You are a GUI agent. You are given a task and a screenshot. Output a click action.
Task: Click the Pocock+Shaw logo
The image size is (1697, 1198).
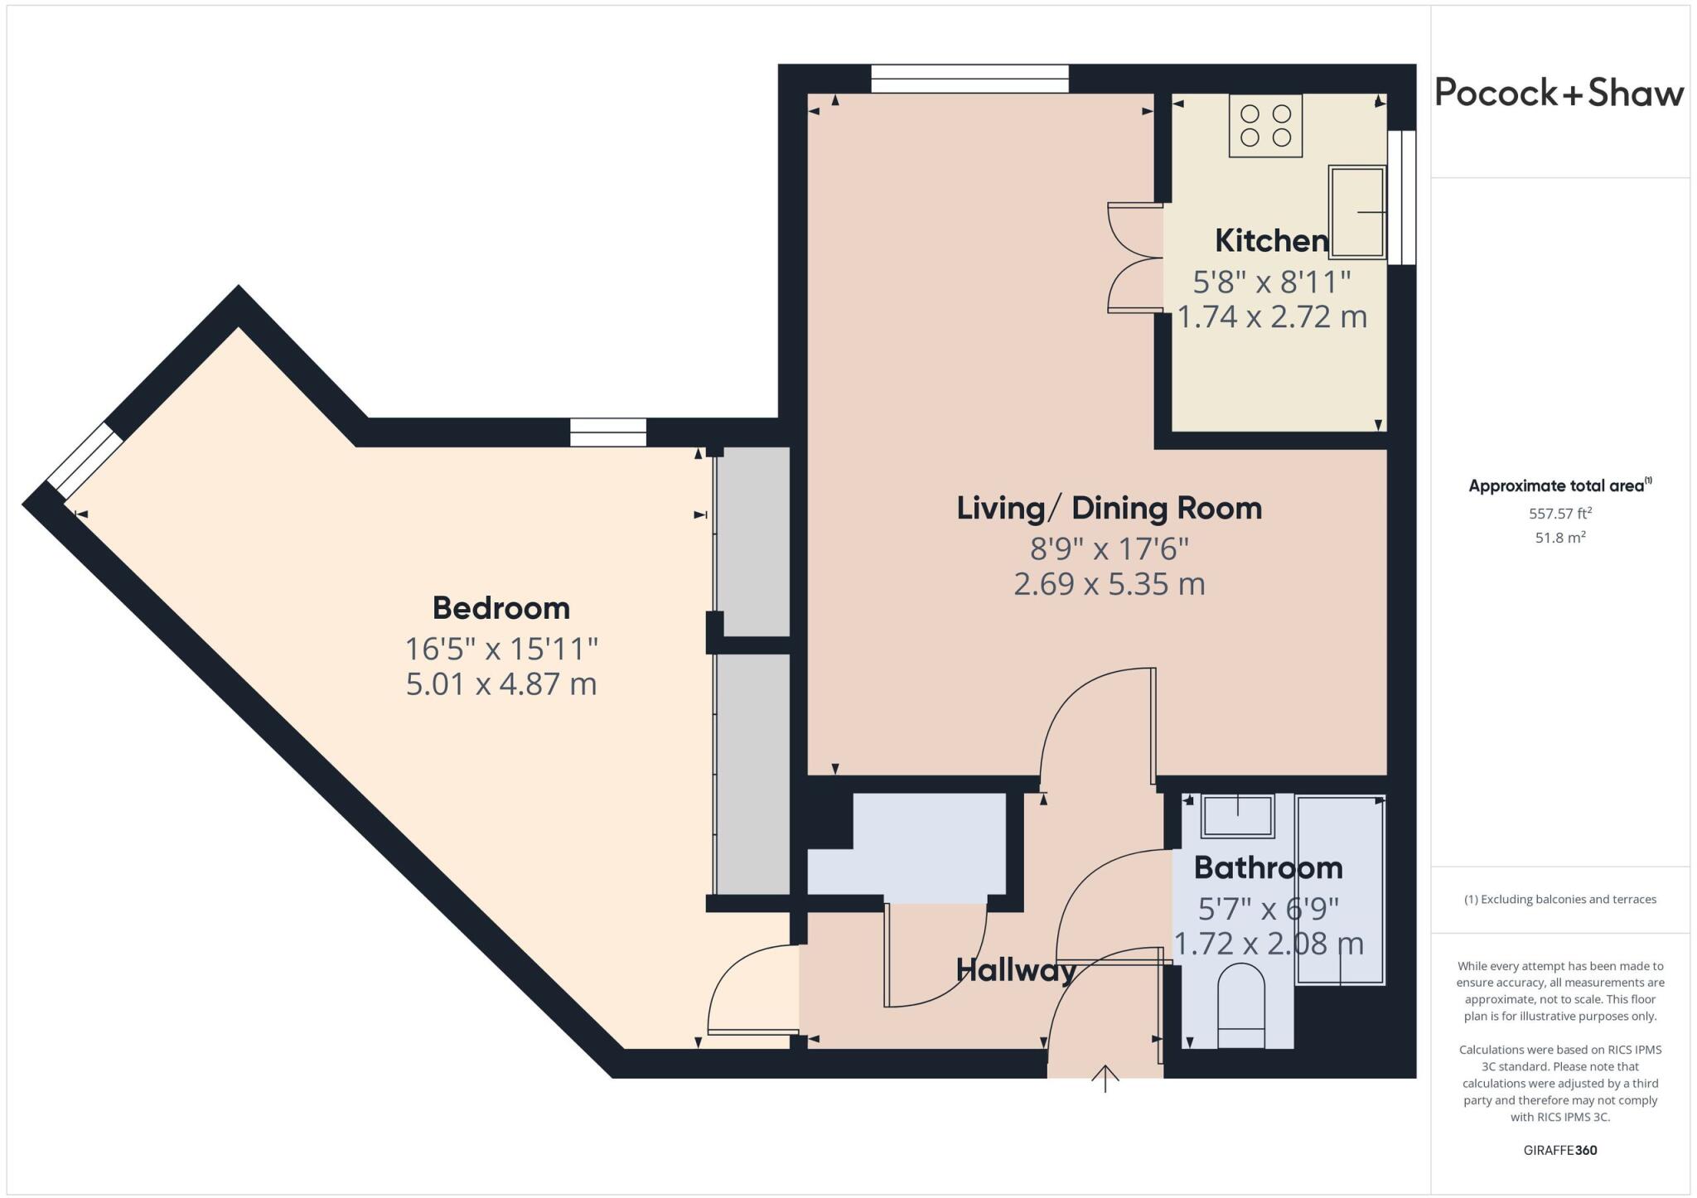[x=1559, y=93]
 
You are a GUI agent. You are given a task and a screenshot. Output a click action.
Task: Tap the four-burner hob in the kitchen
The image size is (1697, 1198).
[x=1265, y=125]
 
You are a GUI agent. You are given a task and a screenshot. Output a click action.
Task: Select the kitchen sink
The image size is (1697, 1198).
[x=1357, y=212]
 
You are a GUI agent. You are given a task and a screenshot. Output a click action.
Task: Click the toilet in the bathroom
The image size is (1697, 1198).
[x=1241, y=1005]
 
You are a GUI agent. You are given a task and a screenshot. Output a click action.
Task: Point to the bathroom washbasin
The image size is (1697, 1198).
[x=1238, y=815]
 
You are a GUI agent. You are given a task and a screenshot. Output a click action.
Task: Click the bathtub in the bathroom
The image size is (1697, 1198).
[x=1340, y=890]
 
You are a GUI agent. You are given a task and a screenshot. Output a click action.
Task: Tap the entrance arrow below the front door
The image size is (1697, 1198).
[x=1105, y=1080]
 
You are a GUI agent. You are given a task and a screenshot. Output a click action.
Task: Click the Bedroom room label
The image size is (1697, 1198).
[x=501, y=608]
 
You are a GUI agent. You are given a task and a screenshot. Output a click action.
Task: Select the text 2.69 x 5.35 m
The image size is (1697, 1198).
[x=1109, y=584]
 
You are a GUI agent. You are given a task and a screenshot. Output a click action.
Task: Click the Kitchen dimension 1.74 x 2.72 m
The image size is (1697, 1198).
[x=1272, y=317]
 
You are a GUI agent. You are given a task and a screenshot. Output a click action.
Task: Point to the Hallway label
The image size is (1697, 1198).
[x=1015, y=970]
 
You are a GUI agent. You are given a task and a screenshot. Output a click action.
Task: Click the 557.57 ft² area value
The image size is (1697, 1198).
[x=1560, y=514]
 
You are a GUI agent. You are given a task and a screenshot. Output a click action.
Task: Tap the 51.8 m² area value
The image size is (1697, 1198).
[x=1560, y=538]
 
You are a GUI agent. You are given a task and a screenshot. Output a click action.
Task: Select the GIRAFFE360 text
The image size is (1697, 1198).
[x=1560, y=1150]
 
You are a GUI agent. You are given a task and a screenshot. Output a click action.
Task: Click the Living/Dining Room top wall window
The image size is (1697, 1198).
[x=969, y=79]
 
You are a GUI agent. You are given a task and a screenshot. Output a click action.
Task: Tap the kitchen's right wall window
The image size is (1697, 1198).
[x=1401, y=197]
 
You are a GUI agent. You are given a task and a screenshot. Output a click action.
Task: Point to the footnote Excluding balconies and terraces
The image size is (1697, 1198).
[x=1560, y=899]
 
